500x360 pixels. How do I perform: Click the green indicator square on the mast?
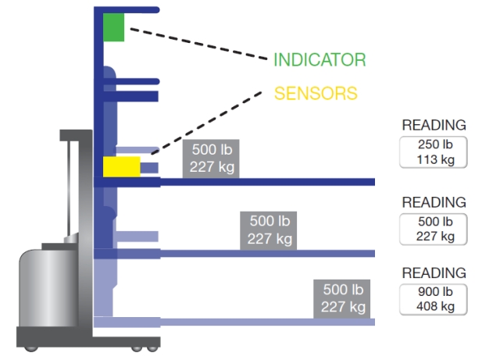point(113,27)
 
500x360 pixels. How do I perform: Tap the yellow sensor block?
point(121,166)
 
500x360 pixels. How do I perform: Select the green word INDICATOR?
point(319,60)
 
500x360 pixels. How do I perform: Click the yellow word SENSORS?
point(315,94)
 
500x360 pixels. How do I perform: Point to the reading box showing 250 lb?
point(434,152)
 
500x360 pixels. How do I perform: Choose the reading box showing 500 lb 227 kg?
point(434,227)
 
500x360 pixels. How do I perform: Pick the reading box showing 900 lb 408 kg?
point(434,299)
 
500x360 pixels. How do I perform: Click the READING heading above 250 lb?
point(434,125)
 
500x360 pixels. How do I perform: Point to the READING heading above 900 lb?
point(434,273)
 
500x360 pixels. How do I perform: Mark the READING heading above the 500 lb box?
point(434,202)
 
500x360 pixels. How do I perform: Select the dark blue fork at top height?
point(266,182)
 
